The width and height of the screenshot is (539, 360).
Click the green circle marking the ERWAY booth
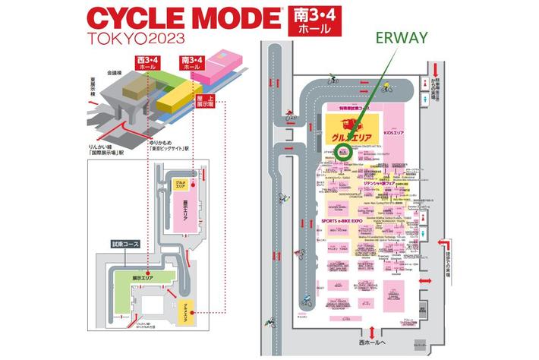344,151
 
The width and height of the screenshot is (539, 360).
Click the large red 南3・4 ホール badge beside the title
311,21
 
